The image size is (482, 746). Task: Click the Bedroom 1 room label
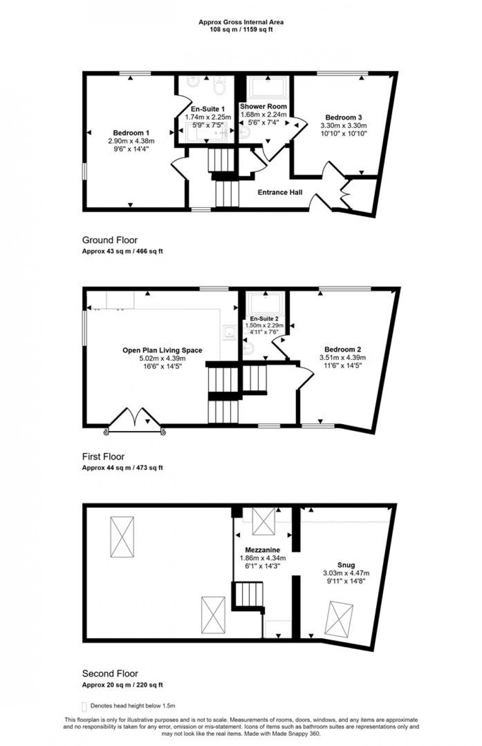(x=131, y=133)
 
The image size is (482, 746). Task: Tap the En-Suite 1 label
(x=208, y=109)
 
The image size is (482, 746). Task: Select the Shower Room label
(x=263, y=106)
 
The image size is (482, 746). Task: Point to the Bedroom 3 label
(x=344, y=117)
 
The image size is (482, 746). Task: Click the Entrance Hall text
(x=280, y=192)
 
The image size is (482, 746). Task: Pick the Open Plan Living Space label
(x=162, y=350)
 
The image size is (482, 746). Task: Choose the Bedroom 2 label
(x=342, y=349)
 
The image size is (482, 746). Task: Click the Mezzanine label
(x=263, y=550)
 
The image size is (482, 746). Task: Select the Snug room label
(x=346, y=565)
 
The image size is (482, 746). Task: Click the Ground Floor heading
(x=110, y=240)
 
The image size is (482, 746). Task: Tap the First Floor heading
(x=103, y=457)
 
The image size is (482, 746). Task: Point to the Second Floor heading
(x=110, y=673)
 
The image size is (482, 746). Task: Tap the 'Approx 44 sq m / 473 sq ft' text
(x=122, y=468)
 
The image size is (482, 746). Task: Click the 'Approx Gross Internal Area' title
(x=241, y=22)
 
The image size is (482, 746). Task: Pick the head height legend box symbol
(x=84, y=706)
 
